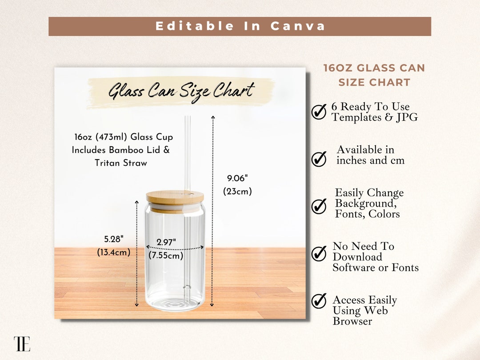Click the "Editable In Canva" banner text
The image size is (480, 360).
pyautogui.click(x=240, y=26)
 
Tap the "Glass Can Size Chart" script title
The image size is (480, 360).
pyautogui.click(x=181, y=92)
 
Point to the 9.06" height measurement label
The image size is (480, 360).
pyautogui.click(x=237, y=178)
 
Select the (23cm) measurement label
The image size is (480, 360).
pyautogui.click(x=237, y=192)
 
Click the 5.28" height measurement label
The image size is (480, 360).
pyautogui.click(x=114, y=239)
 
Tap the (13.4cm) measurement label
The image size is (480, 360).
pyautogui.click(x=114, y=252)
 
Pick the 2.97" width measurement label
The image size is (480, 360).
pyautogui.click(x=166, y=242)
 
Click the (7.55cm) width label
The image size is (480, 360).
pyautogui.click(x=166, y=256)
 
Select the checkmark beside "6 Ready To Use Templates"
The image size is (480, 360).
pyautogui.click(x=319, y=112)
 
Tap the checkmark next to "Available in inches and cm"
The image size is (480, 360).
pyautogui.click(x=319, y=159)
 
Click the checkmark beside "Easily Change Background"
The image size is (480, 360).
pyautogui.click(x=319, y=206)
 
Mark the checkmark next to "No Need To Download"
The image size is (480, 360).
pyautogui.click(x=319, y=253)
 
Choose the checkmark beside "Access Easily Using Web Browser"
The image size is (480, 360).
pyautogui.click(x=319, y=301)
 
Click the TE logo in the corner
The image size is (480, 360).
pyautogui.click(x=22, y=344)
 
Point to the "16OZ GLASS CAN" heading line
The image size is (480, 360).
pyautogui.click(x=374, y=68)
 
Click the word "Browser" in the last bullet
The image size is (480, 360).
pyautogui.click(x=352, y=321)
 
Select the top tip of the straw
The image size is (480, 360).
pyautogui.click(x=188, y=117)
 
